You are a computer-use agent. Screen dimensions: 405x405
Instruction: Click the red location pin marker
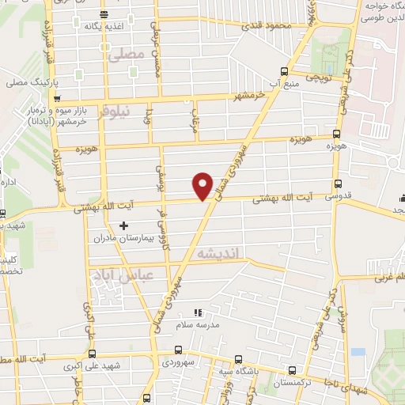coord(203,185)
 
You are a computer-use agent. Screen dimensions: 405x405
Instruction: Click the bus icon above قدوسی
coord(338,182)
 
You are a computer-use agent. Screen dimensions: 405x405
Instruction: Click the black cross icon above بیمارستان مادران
coord(123,225)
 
